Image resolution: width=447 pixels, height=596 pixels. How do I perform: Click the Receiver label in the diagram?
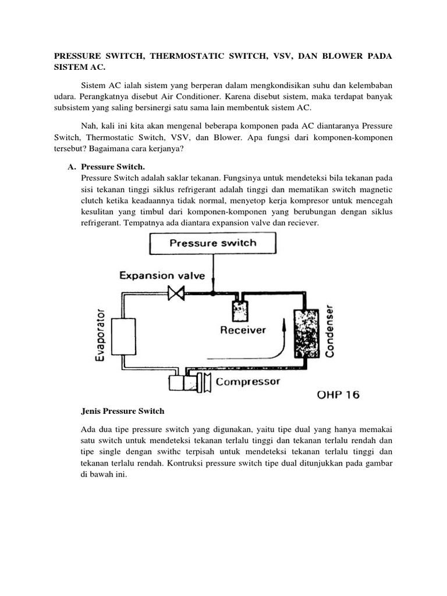pos(243,330)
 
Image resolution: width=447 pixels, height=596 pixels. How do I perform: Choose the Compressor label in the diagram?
pos(248,382)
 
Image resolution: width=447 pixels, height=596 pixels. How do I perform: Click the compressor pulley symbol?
pos(204,383)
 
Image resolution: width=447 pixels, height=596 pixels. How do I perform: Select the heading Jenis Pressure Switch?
pos(122,411)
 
